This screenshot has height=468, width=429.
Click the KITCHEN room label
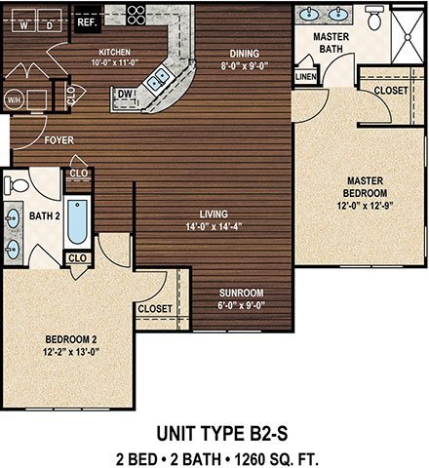(x=114, y=53)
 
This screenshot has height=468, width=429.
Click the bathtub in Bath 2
(x=79, y=220)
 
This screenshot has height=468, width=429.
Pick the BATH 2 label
(x=42, y=215)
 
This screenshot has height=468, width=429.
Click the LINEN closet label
(x=305, y=74)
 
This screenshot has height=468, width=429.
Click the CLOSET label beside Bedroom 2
(x=155, y=308)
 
